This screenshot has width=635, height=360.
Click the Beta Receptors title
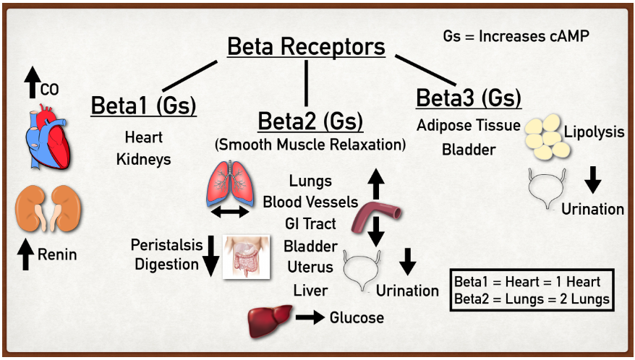306,48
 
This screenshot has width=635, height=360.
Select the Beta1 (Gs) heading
143,105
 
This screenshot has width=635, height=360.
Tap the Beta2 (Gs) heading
310,119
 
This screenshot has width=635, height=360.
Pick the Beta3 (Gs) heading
469,98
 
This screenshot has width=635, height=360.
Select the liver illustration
269,320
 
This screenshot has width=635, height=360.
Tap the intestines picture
247,257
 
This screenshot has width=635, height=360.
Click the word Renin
57,254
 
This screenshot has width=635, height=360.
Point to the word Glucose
357,317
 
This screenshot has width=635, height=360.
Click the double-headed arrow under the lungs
229,212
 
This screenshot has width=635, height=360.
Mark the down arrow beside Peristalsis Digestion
210,257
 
